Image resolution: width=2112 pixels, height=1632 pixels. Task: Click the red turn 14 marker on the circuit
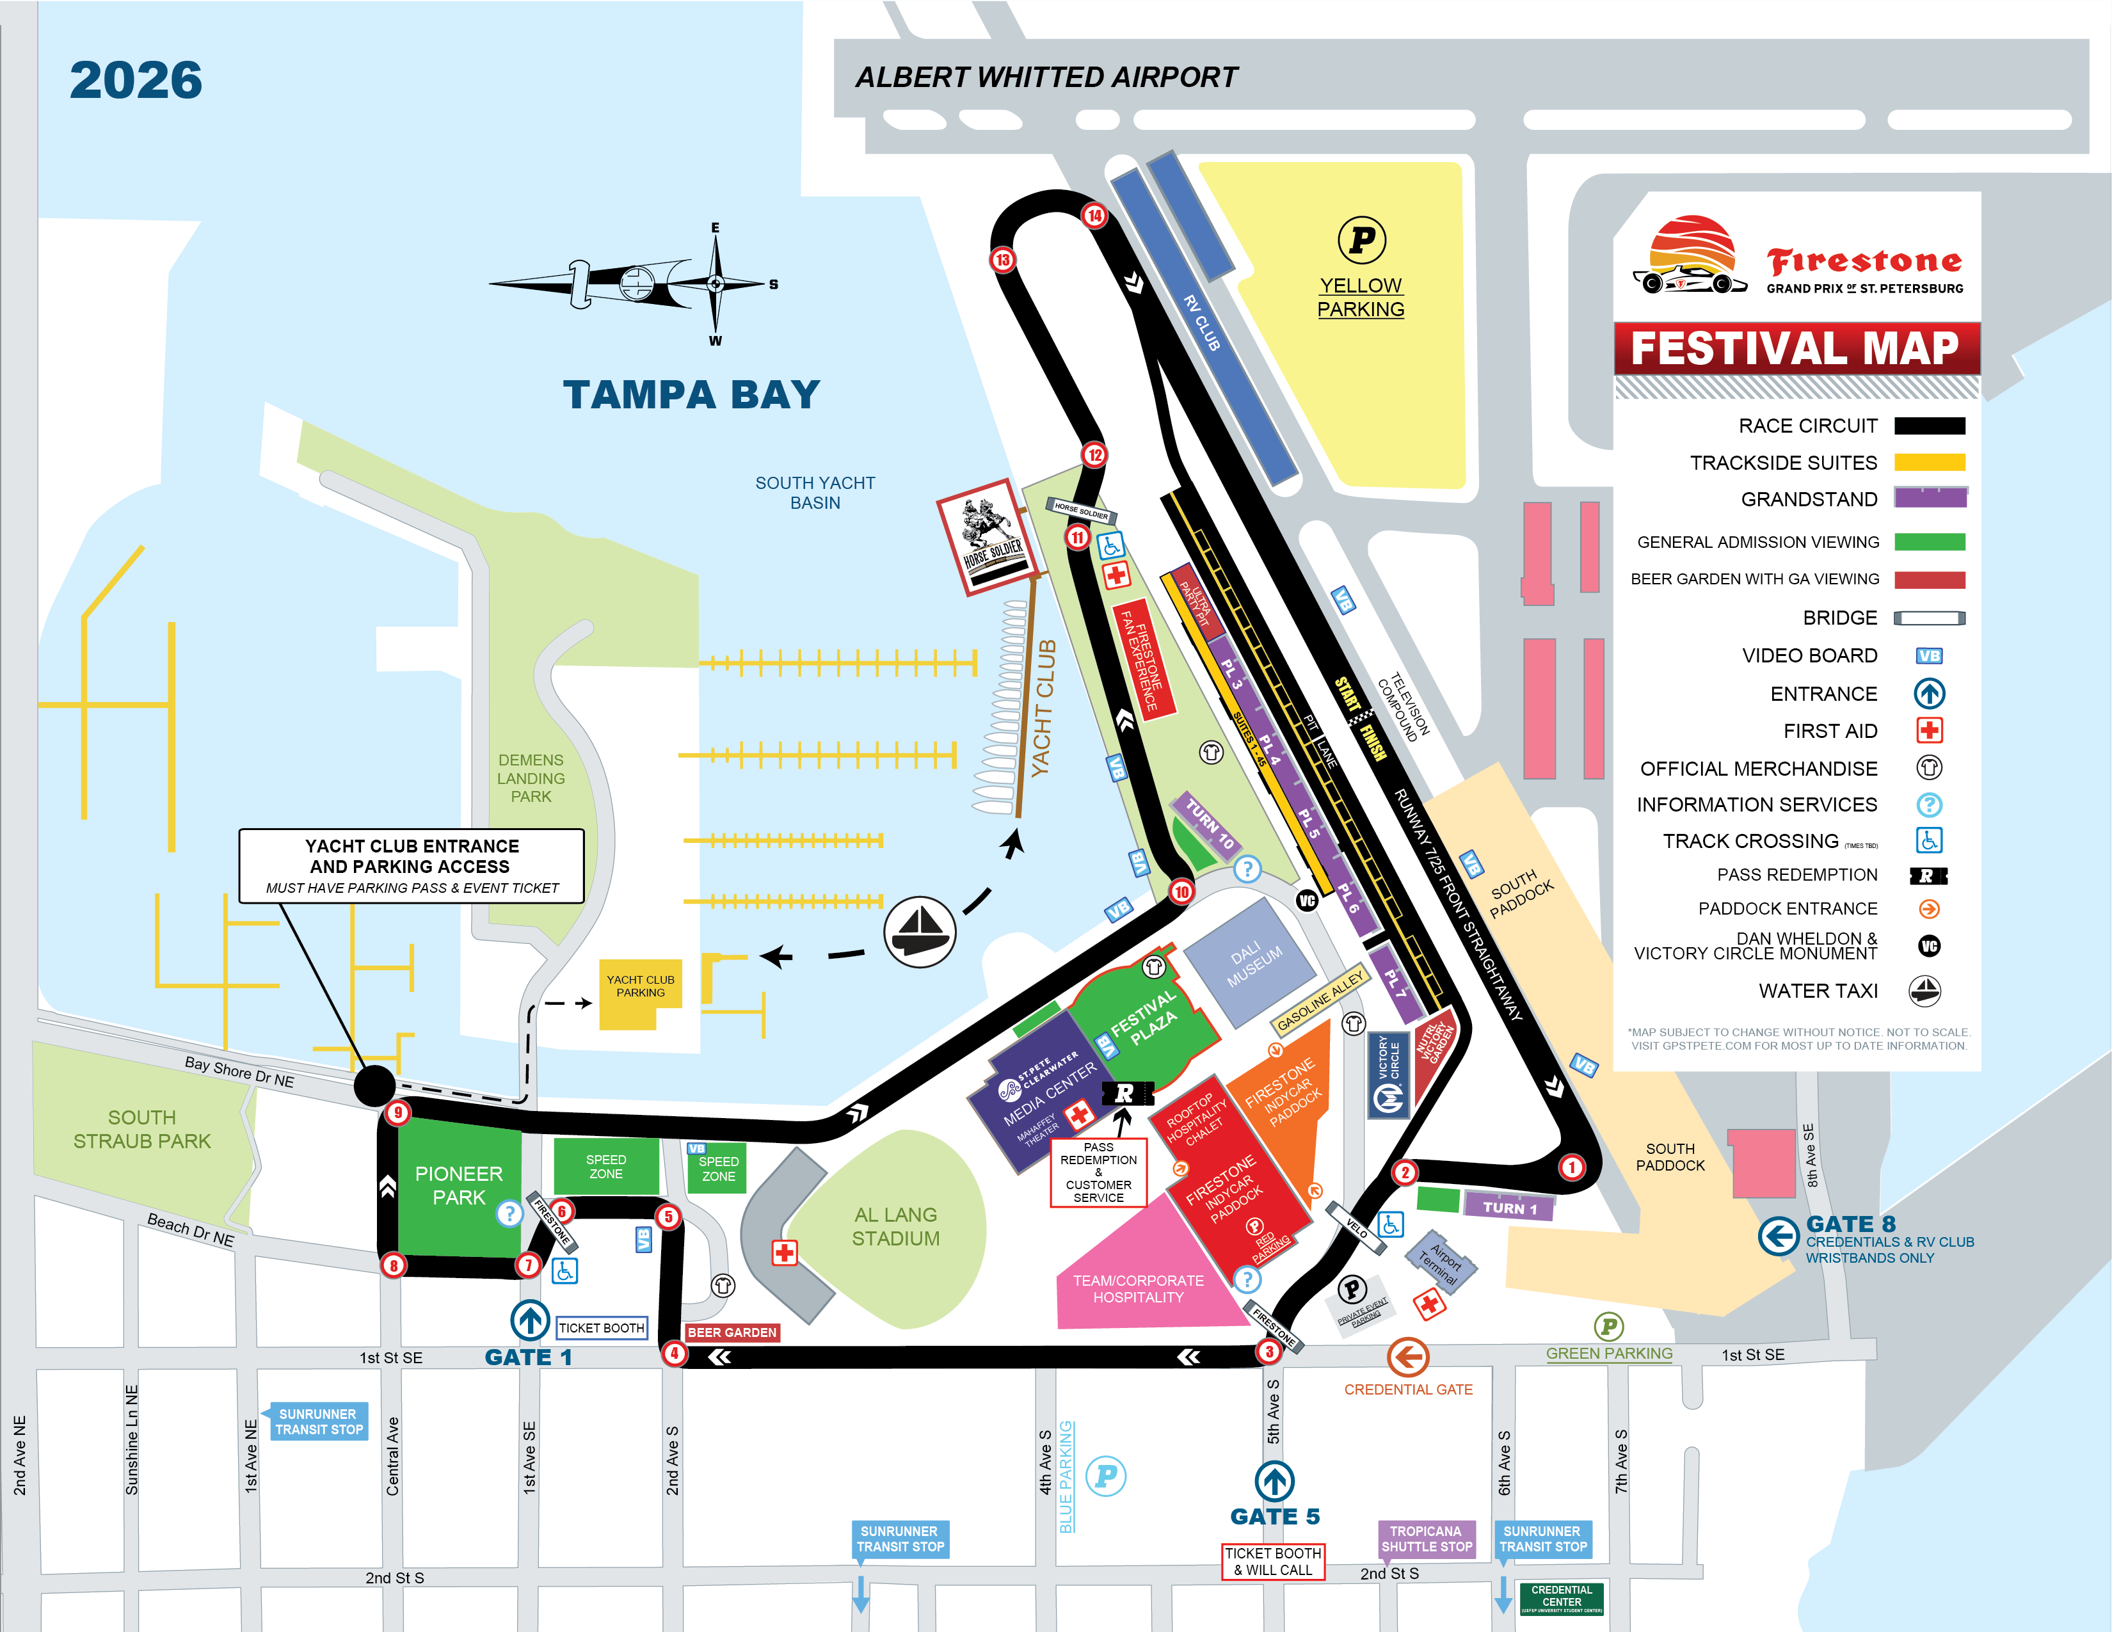click(1094, 216)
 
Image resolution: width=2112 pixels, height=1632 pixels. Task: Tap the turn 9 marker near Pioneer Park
click(397, 1113)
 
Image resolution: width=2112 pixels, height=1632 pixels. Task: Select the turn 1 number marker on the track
click(1571, 1167)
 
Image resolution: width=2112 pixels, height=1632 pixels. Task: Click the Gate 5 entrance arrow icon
click(1274, 1480)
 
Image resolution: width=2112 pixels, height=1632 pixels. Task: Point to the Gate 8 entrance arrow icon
click(1777, 1236)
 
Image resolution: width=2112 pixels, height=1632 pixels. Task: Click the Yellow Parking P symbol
click(1361, 240)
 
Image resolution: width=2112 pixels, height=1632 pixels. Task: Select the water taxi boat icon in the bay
click(920, 931)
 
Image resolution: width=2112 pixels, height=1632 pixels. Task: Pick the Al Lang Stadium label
click(895, 1226)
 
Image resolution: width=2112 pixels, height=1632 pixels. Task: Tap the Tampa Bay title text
click(691, 394)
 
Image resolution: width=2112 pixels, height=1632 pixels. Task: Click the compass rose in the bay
click(715, 284)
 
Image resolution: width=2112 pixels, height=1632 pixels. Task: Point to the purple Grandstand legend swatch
click(1929, 498)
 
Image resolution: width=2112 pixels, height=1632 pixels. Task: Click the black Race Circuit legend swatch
click(1929, 426)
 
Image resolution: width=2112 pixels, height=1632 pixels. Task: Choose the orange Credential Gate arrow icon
click(1408, 1357)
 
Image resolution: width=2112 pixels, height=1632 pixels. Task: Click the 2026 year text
click(136, 80)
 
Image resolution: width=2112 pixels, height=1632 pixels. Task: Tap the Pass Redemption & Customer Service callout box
click(1098, 1172)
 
